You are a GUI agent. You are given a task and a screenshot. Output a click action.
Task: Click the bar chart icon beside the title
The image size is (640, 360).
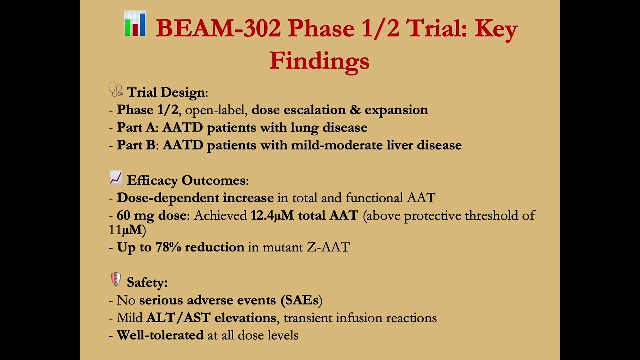(135, 24)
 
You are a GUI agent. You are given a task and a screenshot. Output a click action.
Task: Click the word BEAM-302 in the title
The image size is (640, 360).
(218, 29)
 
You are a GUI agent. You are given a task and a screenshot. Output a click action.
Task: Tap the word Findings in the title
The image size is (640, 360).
(319, 61)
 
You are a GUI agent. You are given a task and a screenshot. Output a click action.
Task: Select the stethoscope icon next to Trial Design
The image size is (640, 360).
(116, 90)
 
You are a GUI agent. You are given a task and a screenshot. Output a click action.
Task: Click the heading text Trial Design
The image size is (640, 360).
(166, 92)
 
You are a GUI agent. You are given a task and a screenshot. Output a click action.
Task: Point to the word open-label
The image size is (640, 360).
(216, 110)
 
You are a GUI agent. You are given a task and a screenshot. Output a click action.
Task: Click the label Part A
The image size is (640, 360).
(136, 128)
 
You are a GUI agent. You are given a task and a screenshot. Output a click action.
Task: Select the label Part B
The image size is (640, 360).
(136, 145)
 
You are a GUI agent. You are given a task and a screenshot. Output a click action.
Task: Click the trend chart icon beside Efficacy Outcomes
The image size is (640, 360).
(116, 178)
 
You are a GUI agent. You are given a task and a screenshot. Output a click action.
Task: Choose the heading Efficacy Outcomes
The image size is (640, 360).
(186, 180)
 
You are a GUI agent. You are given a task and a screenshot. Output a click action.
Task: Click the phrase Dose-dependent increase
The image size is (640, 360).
(195, 198)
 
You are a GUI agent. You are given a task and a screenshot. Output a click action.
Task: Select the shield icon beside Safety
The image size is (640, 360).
(116, 280)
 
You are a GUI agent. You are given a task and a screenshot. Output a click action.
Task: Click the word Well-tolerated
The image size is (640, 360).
(160, 335)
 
